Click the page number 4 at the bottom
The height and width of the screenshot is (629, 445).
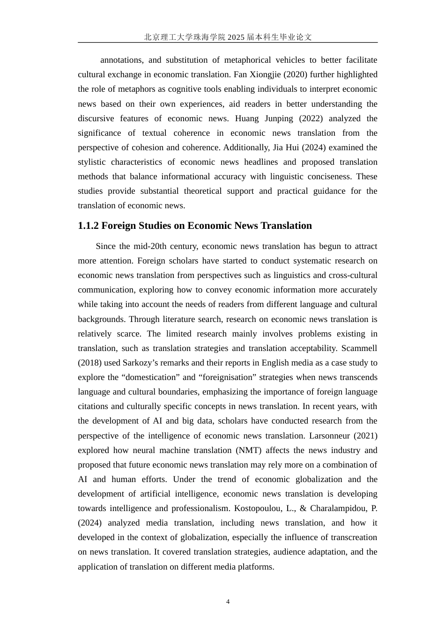[x=228, y=602]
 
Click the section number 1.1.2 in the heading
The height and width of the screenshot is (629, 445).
[x=88, y=226]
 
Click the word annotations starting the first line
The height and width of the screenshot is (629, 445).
[x=121, y=60]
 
